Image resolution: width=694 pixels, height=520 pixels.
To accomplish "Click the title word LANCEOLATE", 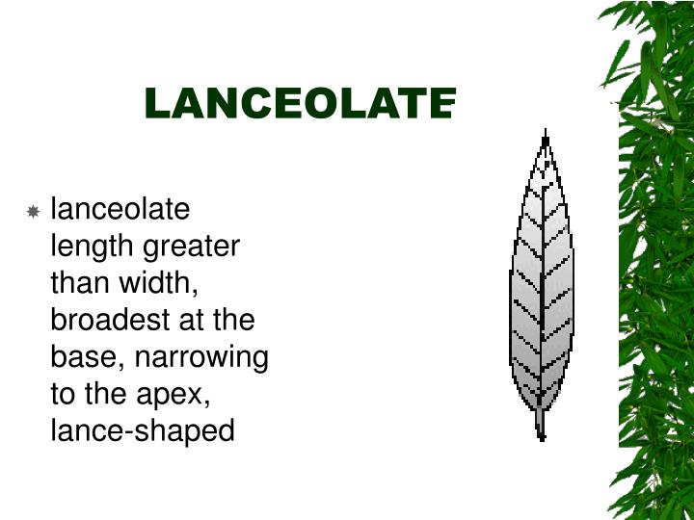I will click(299, 103).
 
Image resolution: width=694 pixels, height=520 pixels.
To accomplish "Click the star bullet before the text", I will click(33, 211).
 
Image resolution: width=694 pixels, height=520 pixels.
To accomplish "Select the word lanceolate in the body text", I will click(120, 209).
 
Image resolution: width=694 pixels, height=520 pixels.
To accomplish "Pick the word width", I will click(164, 283).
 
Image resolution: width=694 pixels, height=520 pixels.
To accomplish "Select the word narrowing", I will click(201, 357).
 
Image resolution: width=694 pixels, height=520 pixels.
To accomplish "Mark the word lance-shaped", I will click(142, 430).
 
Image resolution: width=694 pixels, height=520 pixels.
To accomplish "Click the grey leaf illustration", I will click(542, 289).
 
